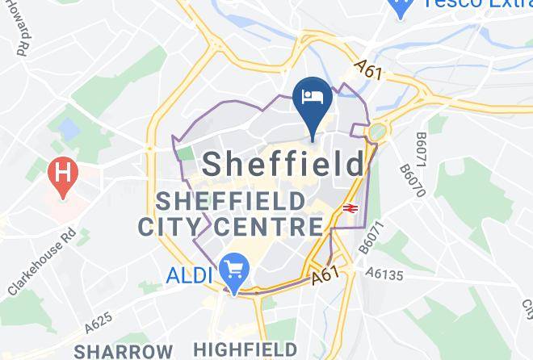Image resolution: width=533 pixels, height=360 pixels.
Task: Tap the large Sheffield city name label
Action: click(x=283, y=165)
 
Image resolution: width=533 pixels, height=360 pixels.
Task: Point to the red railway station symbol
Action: click(x=350, y=208)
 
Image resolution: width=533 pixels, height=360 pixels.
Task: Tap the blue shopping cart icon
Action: click(x=235, y=269)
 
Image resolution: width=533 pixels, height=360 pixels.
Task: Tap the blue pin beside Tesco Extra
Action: click(x=398, y=8)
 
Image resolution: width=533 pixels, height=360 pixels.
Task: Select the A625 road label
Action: click(x=98, y=322)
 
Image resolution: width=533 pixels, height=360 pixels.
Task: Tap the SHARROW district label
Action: click(x=122, y=351)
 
